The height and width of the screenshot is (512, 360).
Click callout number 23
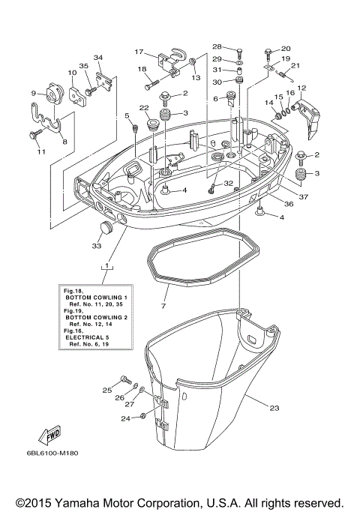(274, 409)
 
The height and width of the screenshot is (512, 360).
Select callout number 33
(95, 244)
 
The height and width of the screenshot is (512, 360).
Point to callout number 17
(138, 52)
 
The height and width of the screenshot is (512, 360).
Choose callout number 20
(286, 49)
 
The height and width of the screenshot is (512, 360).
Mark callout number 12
(301, 88)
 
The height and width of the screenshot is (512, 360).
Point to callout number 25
(106, 390)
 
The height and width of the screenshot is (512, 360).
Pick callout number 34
(97, 58)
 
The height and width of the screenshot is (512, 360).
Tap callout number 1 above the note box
(109, 266)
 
